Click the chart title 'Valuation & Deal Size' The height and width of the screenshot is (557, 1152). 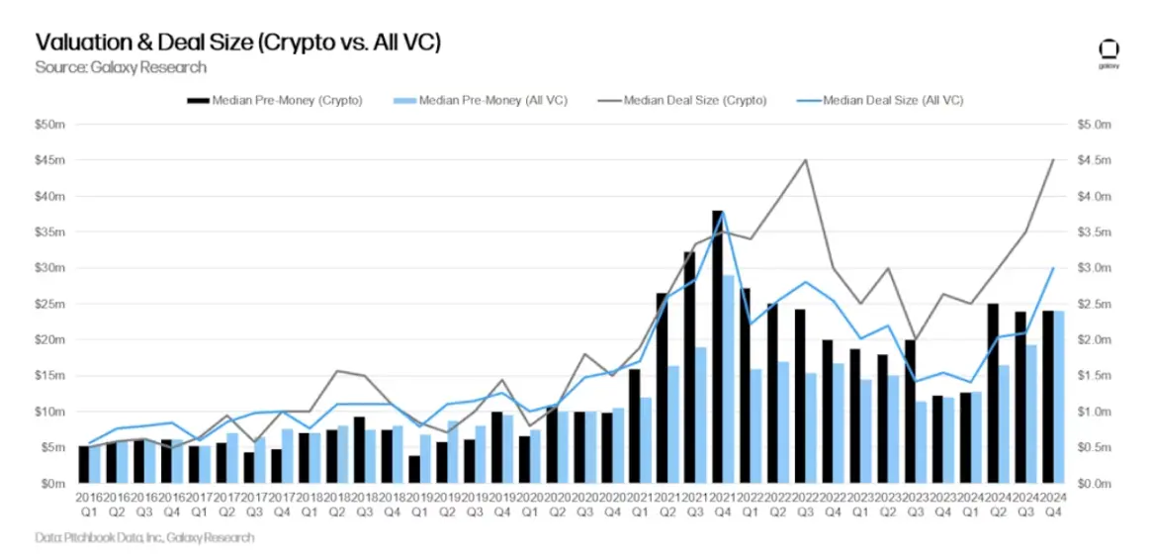[237, 43]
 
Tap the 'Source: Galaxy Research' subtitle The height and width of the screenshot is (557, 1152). [121, 67]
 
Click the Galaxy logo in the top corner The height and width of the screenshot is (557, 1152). [1108, 51]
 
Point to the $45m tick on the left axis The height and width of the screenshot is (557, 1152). [50, 160]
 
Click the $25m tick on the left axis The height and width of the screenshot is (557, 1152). [50, 304]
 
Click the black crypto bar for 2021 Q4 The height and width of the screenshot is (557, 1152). [717, 346]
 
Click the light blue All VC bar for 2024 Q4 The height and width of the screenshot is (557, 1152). [1058, 397]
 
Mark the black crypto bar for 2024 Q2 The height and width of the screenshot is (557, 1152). [993, 393]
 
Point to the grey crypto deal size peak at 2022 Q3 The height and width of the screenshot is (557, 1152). [806, 160]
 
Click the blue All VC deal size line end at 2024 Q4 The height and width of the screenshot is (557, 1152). [1053, 268]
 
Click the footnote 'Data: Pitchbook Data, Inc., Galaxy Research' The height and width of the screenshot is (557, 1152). [144, 537]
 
